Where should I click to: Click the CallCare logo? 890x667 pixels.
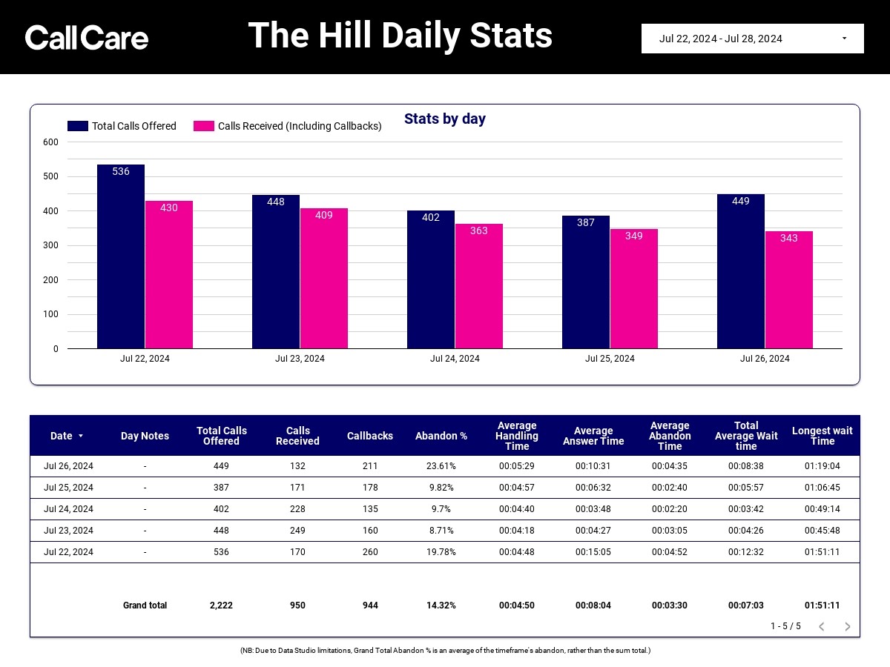pyautogui.click(x=86, y=37)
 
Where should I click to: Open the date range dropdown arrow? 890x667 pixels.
pyautogui.click(x=844, y=38)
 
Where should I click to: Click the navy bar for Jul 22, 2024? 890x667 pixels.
pyautogui.click(x=121, y=256)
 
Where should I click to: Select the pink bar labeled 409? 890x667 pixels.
pyautogui.click(x=324, y=278)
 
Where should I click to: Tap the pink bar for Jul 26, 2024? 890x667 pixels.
pyautogui.click(x=788, y=290)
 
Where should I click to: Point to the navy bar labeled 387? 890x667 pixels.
pyautogui.click(x=585, y=282)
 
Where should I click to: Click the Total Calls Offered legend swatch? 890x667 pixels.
pyautogui.click(x=78, y=126)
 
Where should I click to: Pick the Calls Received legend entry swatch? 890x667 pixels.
pyautogui.click(x=204, y=126)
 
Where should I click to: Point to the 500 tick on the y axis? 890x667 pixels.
pyautogui.click(x=50, y=176)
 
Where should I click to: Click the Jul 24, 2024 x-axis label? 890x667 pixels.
pyautogui.click(x=455, y=359)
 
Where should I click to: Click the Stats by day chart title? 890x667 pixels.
pyautogui.click(x=445, y=119)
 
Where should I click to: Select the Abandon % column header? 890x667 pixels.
pyautogui.click(x=441, y=436)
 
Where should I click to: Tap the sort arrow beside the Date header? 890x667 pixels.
pyautogui.click(x=81, y=436)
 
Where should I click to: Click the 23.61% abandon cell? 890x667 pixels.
pyautogui.click(x=441, y=465)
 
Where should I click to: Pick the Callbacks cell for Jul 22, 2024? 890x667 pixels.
pyautogui.click(x=370, y=551)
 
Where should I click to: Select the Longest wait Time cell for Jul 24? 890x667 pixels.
pyautogui.click(x=823, y=508)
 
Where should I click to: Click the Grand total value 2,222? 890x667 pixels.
pyautogui.click(x=221, y=605)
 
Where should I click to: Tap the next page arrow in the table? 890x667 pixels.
pyautogui.click(x=848, y=626)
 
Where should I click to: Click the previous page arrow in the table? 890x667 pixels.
pyautogui.click(x=822, y=626)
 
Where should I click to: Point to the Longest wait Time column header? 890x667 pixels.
pyautogui.click(x=823, y=436)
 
